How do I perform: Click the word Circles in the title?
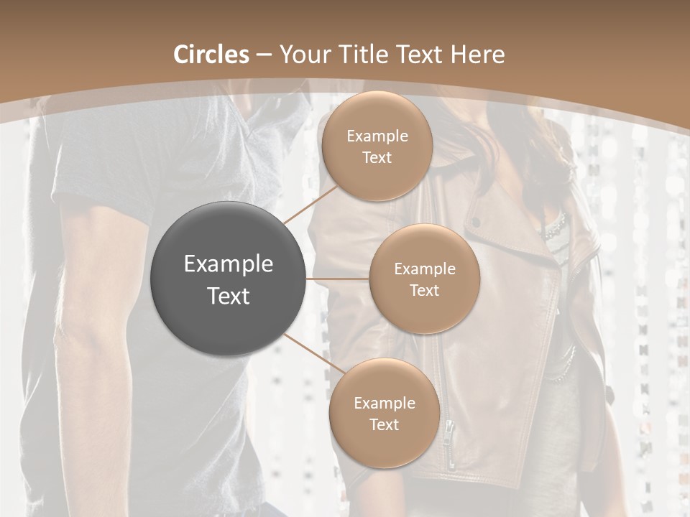pos(211,55)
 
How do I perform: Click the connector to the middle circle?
pos(338,278)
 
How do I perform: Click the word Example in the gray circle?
pos(229,264)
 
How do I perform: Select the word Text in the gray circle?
pos(229,296)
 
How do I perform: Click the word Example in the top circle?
pos(377,136)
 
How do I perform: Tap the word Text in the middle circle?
pos(424,291)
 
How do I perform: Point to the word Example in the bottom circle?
pos(385,404)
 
